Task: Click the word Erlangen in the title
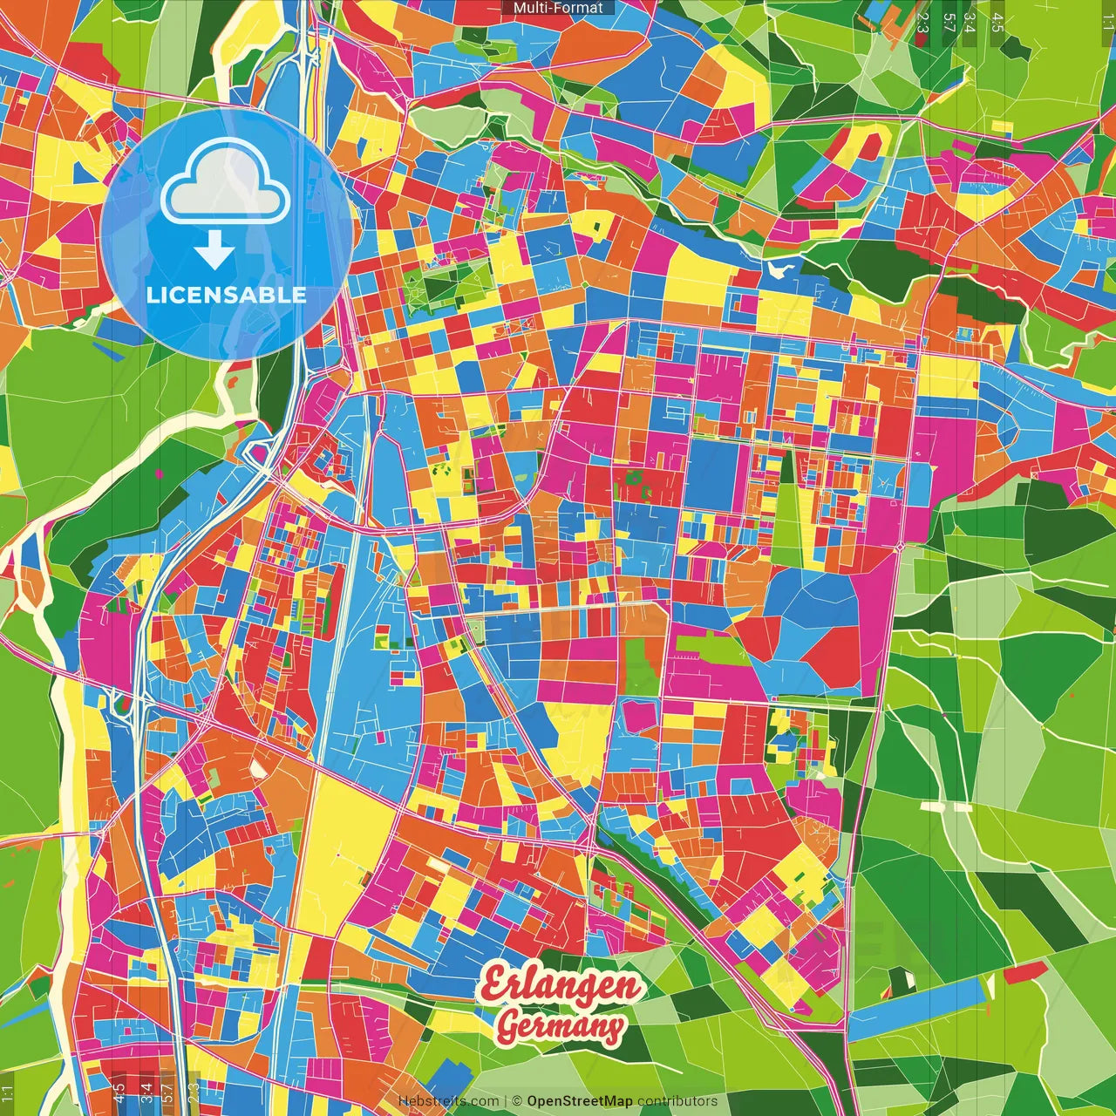point(561,985)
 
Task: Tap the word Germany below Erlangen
point(561,1027)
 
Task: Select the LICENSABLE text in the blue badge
point(227,295)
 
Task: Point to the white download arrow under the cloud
point(214,251)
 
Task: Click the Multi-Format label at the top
point(558,8)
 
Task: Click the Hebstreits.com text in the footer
point(448,1101)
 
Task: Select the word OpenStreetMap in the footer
point(580,1101)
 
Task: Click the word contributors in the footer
point(677,1101)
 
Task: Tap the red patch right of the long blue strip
point(1024,973)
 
